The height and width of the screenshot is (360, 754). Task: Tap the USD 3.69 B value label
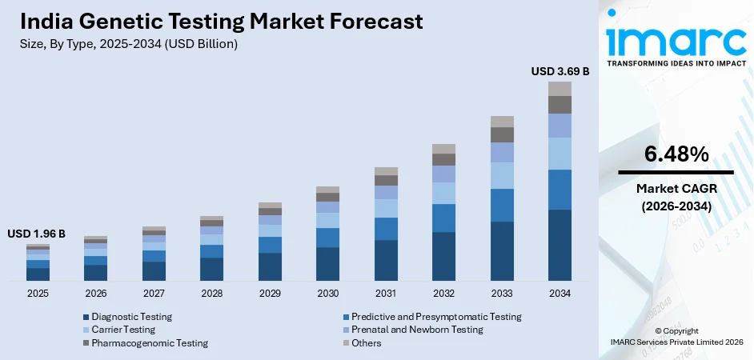[x=559, y=71]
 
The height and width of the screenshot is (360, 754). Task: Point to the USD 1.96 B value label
[x=37, y=234]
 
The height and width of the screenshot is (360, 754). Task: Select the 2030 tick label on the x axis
[x=327, y=294]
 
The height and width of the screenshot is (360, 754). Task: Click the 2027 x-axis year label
[x=154, y=294]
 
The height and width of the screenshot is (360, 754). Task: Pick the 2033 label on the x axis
[x=502, y=294]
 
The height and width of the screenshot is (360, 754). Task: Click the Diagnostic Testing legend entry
[x=131, y=317]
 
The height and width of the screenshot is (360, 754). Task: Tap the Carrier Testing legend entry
[x=123, y=330]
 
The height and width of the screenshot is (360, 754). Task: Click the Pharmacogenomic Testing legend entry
[x=149, y=343]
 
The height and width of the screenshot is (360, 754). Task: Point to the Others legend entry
[x=365, y=343]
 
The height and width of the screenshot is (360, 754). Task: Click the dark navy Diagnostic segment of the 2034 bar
[x=559, y=245]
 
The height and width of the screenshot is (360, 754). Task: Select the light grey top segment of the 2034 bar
[x=559, y=89]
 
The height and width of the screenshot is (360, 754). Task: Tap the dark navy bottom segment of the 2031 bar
[x=386, y=260]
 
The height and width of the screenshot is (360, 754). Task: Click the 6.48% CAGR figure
[x=676, y=154]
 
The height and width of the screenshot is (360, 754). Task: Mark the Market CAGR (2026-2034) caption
[x=676, y=197]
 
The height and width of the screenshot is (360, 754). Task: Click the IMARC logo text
[x=676, y=39]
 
